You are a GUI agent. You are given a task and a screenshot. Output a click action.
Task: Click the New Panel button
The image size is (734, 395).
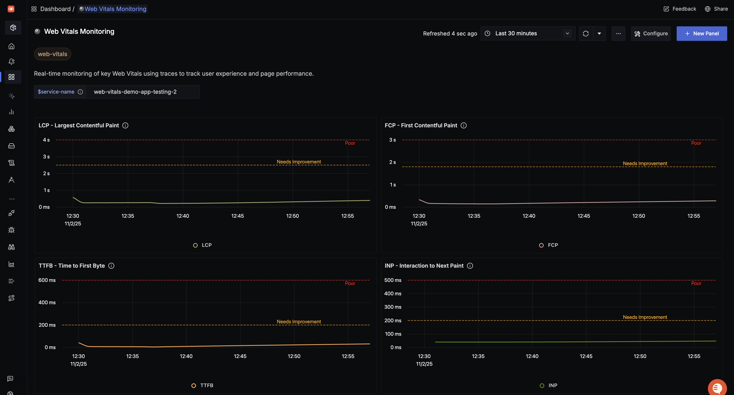tap(702, 33)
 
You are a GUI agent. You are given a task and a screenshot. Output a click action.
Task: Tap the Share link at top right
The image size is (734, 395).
tap(716, 9)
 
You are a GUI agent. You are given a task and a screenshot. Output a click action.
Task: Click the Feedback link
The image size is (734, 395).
tap(680, 9)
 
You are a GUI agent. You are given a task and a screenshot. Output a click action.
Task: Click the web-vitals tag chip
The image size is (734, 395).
tap(52, 54)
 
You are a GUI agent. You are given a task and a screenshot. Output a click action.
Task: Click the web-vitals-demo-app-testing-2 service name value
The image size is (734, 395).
tap(135, 92)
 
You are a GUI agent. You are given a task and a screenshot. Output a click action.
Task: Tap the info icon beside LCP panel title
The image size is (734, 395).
tap(125, 125)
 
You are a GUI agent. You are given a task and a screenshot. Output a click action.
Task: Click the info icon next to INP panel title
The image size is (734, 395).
tap(470, 266)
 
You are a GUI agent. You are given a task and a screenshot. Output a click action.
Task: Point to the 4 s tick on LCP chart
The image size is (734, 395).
tap(46, 140)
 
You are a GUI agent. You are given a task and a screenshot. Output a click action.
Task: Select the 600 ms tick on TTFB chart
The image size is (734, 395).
tap(47, 280)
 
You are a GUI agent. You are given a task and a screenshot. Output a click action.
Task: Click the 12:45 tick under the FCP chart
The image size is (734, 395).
tap(584, 216)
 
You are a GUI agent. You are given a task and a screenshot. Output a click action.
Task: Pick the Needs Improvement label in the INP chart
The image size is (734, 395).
tap(645, 317)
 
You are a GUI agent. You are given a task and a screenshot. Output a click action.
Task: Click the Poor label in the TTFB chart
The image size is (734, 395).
tap(350, 283)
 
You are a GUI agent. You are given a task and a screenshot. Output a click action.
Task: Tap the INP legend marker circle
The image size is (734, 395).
tap(542, 386)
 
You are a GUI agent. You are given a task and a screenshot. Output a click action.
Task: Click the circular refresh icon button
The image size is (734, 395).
tap(586, 33)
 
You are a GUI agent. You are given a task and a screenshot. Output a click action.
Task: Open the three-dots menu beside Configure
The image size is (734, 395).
tap(618, 33)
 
